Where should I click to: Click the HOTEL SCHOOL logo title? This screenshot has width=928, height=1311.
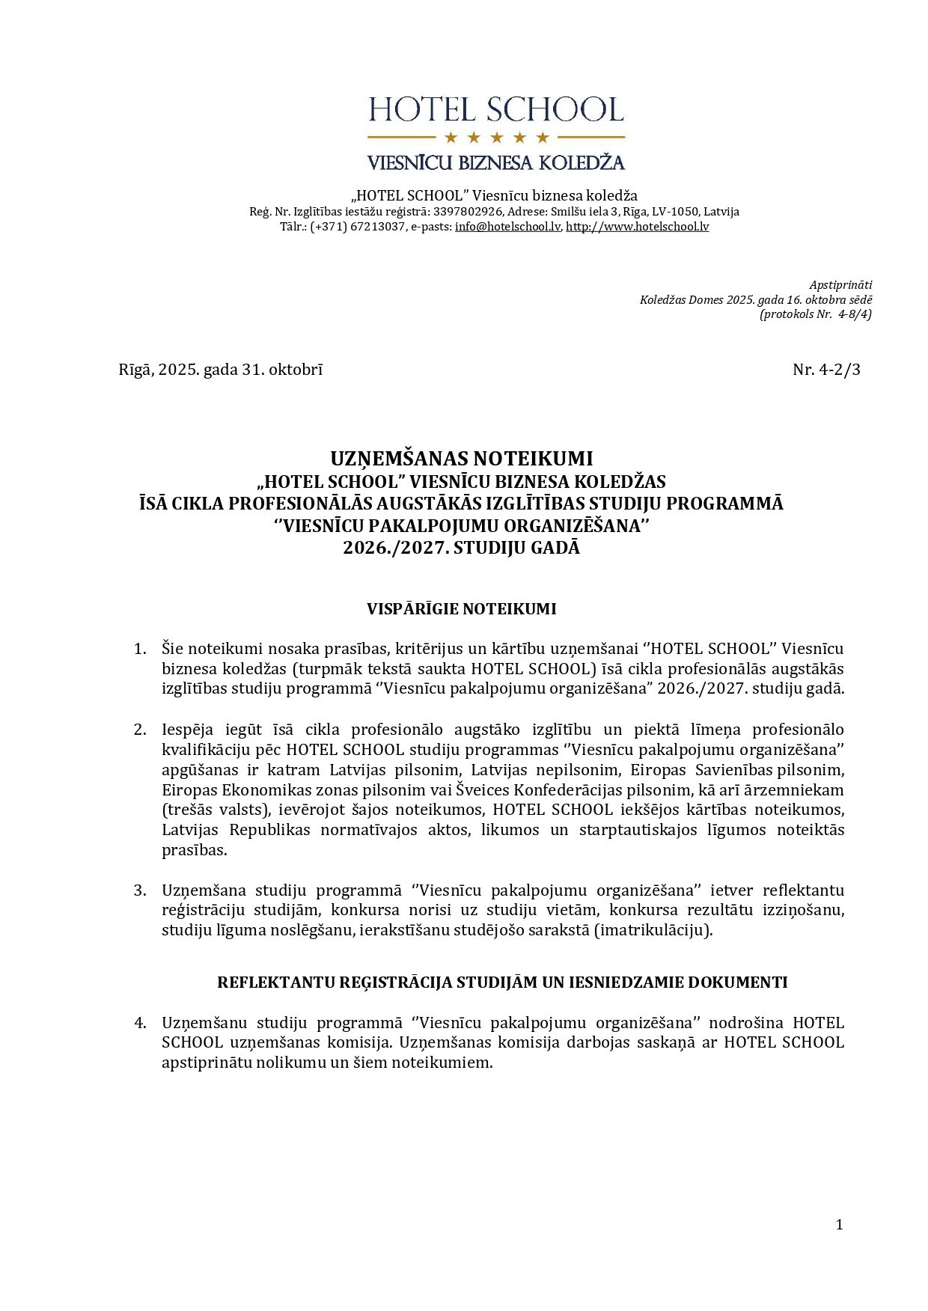click(495, 110)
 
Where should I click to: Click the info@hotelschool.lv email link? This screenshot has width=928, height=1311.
click(507, 227)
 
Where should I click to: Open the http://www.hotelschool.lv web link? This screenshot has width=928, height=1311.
click(637, 227)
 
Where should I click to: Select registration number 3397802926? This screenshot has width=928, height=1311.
click(466, 212)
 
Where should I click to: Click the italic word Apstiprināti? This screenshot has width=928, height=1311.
click(840, 285)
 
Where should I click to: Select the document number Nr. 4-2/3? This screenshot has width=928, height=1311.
click(826, 370)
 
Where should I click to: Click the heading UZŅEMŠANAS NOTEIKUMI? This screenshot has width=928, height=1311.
click(462, 458)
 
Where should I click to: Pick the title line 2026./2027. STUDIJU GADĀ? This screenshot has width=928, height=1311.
click(462, 548)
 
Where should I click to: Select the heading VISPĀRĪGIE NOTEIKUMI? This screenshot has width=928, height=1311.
click(461, 609)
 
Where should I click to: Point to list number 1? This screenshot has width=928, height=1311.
click(140, 649)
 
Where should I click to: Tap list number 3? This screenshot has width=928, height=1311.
click(140, 890)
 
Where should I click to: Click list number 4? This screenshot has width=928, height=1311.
click(140, 1023)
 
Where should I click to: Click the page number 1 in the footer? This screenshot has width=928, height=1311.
click(839, 1225)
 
